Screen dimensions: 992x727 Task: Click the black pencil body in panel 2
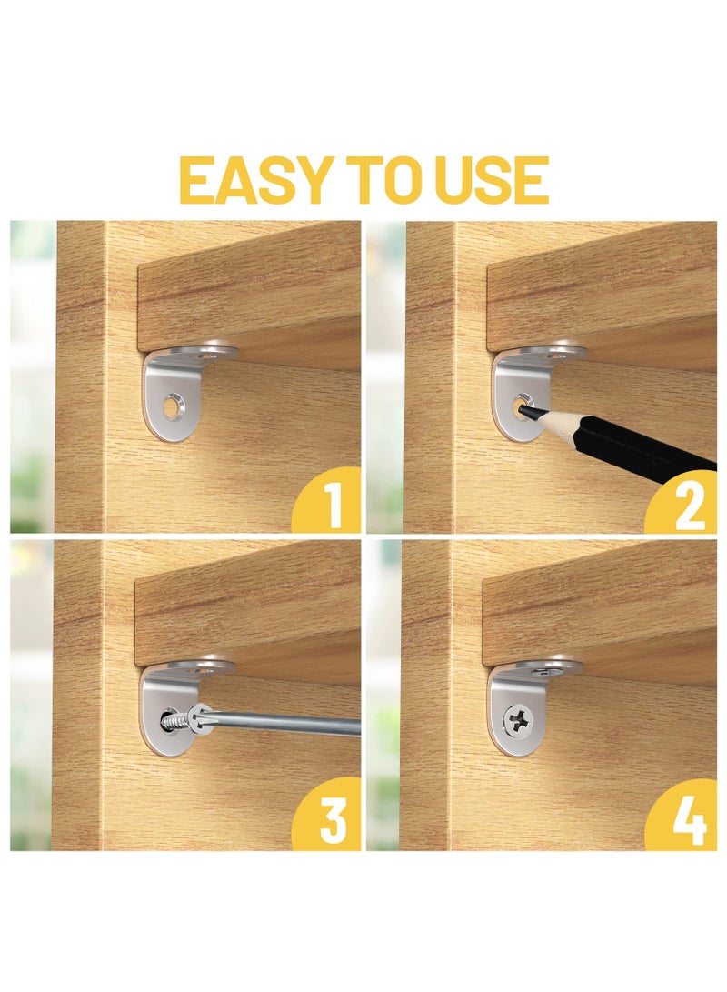(x=627, y=446)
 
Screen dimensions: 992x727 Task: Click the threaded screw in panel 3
(x=178, y=720)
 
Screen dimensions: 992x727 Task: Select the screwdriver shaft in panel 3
(x=291, y=725)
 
